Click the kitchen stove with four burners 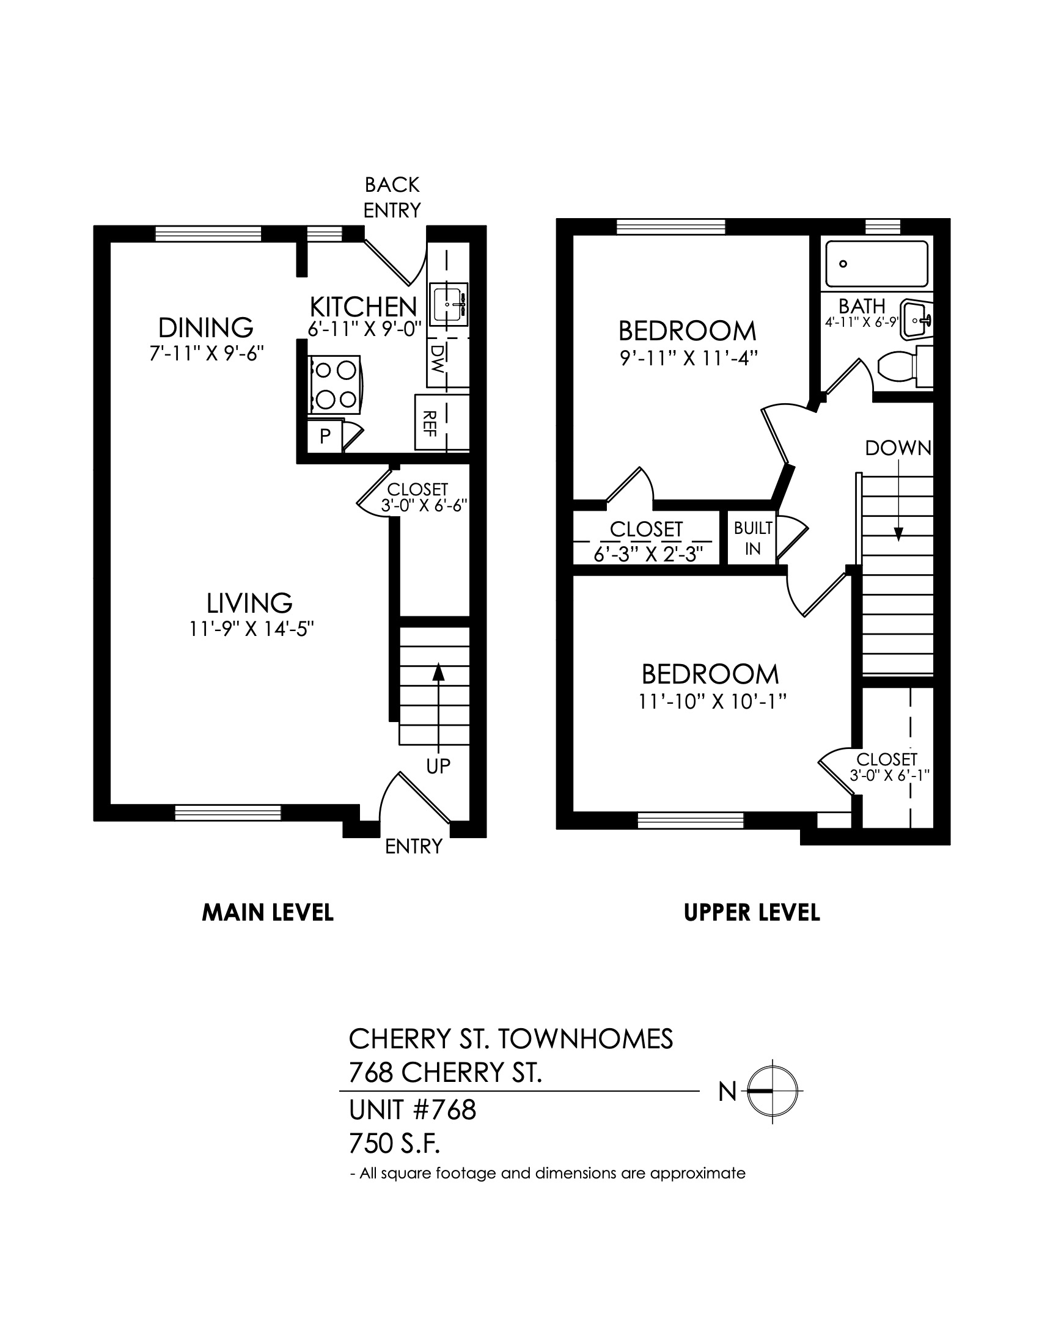(336, 385)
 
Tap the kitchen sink (449, 304)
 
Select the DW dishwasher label (438, 359)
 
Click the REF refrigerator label (430, 424)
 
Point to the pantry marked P (325, 436)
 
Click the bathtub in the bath (876, 264)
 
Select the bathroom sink (917, 319)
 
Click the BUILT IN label (753, 538)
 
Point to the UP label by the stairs (438, 765)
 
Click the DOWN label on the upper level (898, 448)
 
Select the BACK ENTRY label (392, 197)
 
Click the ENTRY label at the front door (414, 847)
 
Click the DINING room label (205, 328)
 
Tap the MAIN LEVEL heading (268, 913)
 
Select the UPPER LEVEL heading (752, 913)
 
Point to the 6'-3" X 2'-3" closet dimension (647, 554)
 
